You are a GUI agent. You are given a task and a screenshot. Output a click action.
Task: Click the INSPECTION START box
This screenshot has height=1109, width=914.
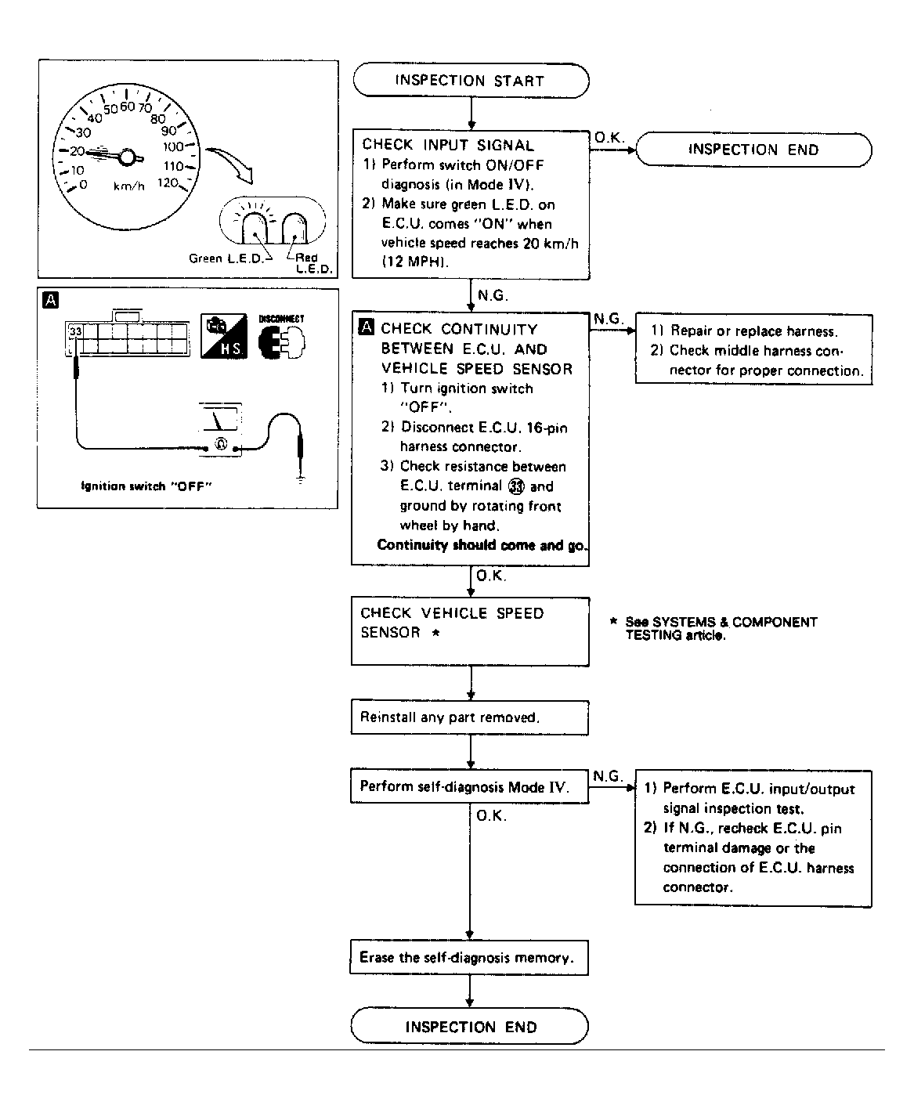point(470,81)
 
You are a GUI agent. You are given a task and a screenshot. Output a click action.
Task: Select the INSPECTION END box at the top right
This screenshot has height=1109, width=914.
point(753,150)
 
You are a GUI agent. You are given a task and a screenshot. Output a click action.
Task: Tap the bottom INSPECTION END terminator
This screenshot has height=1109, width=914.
point(470,1027)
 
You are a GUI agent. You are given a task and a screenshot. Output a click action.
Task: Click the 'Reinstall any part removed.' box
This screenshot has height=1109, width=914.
point(469,717)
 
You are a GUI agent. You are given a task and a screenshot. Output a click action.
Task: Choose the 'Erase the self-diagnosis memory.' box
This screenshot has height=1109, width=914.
point(468,958)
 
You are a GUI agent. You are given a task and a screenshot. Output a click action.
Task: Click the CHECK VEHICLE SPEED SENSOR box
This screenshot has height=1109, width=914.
point(469,631)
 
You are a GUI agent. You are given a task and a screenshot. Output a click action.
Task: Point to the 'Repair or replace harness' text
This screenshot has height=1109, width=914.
point(753,331)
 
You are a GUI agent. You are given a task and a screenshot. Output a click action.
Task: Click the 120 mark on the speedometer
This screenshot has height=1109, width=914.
point(167,183)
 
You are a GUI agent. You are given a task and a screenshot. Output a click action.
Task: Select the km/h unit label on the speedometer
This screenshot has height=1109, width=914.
point(129,186)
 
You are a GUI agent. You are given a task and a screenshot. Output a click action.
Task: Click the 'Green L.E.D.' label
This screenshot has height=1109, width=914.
point(226,258)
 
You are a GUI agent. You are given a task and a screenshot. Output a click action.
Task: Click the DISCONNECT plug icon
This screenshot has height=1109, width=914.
point(281,338)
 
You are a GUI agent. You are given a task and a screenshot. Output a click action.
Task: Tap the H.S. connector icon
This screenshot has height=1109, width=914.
point(223,337)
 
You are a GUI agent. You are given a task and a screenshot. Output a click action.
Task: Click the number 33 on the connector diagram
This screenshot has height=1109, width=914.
point(75,332)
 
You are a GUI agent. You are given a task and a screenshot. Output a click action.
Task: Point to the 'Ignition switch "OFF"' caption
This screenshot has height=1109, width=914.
point(147,486)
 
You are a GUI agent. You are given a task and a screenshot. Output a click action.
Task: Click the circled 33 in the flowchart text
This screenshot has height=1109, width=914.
point(516,486)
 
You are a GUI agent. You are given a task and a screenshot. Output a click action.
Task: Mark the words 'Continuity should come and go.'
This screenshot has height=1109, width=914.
point(482,545)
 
